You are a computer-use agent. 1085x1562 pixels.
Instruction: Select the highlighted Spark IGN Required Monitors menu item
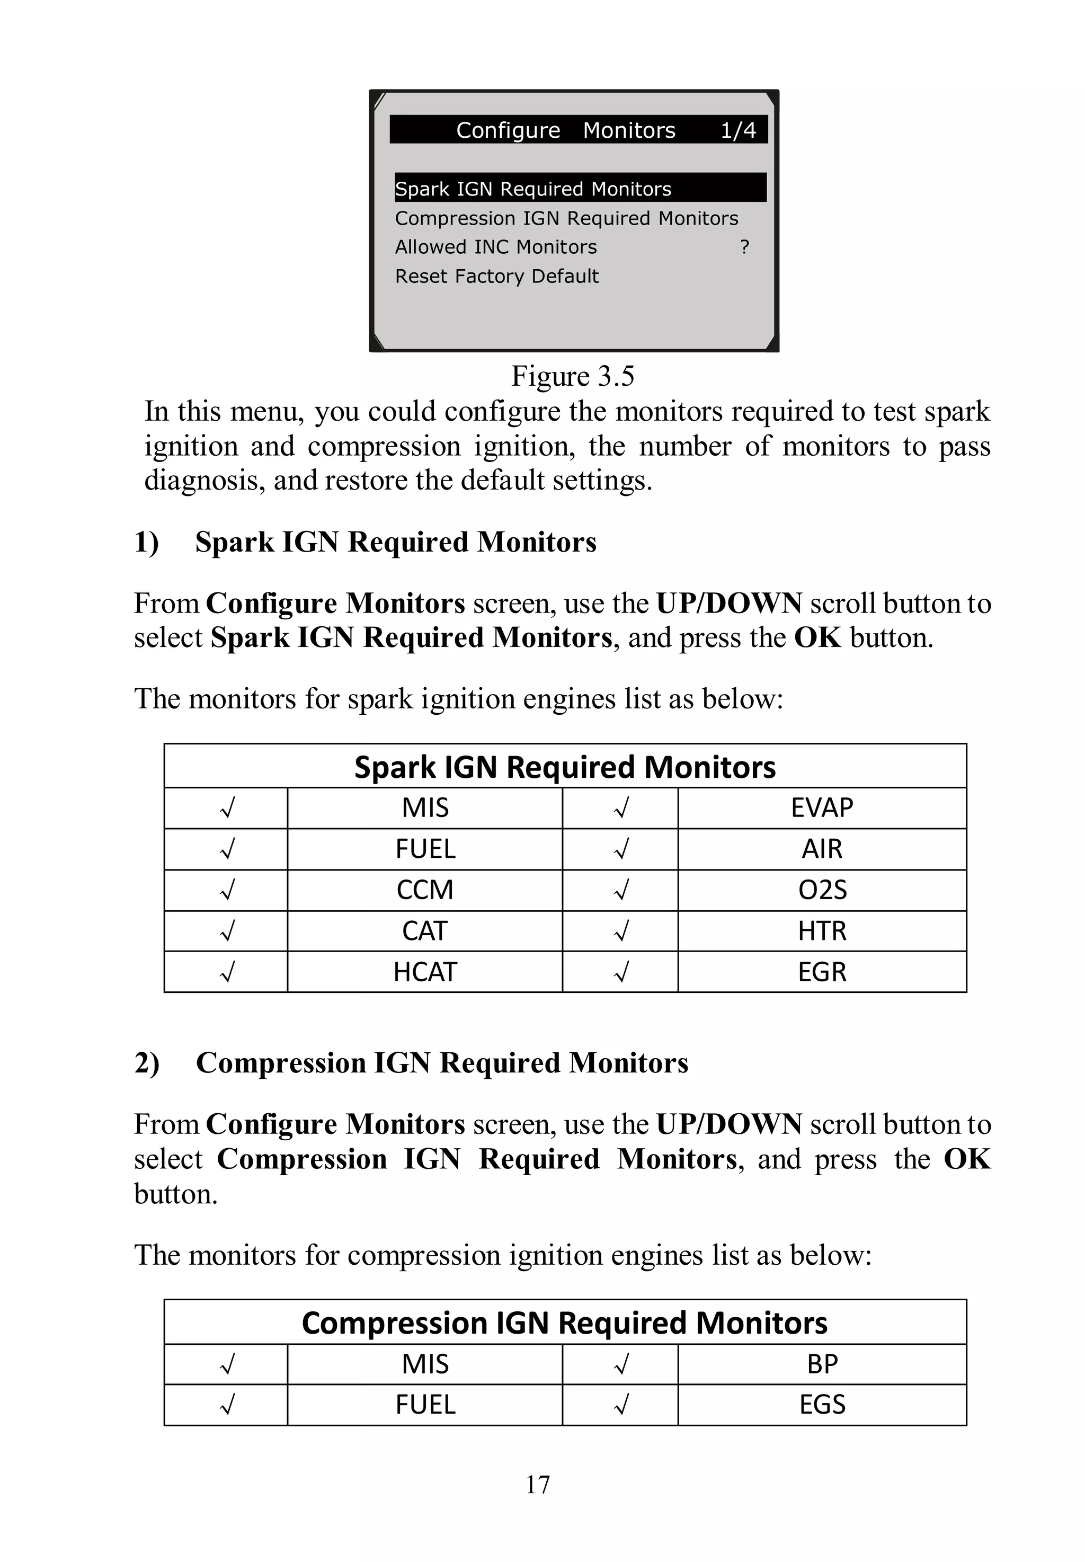pyautogui.click(x=533, y=188)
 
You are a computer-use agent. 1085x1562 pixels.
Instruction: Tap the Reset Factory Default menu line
pyautogui.click(x=496, y=276)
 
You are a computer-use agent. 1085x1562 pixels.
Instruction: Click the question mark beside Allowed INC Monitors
pyautogui.click(x=744, y=247)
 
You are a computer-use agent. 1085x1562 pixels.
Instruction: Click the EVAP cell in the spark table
pyautogui.click(x=821, y=807)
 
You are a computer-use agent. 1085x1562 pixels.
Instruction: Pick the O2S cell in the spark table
pyautogui.click(x=821, y=890)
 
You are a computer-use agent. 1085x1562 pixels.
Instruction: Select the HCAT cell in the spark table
pyautogui.click(x=425, y=971)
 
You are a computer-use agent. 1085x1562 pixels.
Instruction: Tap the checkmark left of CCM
pyautogui.click(x=227, y=890)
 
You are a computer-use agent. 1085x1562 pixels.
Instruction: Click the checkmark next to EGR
pyautogui.click(x=620, y=971)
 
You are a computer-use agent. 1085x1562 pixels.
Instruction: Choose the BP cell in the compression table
pyautogui.click(x=821, y=1363)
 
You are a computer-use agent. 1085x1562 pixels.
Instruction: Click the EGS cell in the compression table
pyautogui.click(x=821, y=1404)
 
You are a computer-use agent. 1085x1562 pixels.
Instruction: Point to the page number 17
pyautogui.click(x=537, y=1485)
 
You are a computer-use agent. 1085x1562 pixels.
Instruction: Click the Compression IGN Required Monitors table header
pyautogui.click(x=564, y=1323)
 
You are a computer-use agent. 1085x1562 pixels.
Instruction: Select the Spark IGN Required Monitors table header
pyautogui.click(x=564, y=767)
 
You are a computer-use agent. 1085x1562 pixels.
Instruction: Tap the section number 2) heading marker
pyautogui.click(x=147, y=1063)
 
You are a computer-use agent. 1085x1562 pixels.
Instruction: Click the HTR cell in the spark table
pyautogui.click(x=821, y=930)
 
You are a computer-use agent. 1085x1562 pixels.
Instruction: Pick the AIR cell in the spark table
pyautogui.click(x=821, y=848)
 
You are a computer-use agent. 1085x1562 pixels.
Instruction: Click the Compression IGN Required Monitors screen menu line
pyautogui.click(x=566, y=218)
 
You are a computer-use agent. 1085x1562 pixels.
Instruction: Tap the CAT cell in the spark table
pyautogui.click(x=425, y=930)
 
